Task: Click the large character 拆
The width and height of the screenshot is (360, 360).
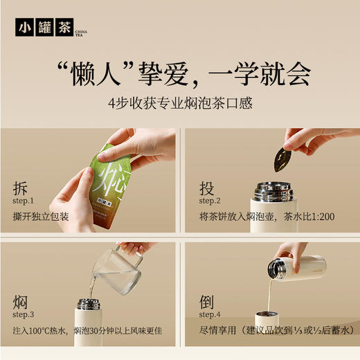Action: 21,188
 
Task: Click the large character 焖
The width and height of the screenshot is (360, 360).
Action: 21,303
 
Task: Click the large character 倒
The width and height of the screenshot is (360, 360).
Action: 207,303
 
